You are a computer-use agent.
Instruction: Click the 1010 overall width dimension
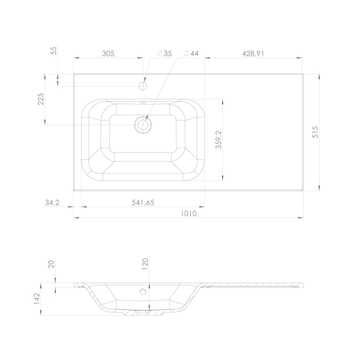click(x=188, y=213)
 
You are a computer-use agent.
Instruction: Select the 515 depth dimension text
click(x=316, y=132)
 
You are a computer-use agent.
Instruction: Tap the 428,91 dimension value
click(x=253, y=54)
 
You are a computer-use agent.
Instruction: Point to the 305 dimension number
click(x=108, y=54)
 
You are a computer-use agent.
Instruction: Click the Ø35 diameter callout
click(x=164, y=54)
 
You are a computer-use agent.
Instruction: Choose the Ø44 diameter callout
click(x=191, y=54)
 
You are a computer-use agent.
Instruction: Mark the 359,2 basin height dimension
click(x=218, y=140)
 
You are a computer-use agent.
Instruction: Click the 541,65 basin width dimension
click(x=143, y=203)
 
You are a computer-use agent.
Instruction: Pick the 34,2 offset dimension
click(x=52, y=203)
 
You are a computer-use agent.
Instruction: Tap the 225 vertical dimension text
click(x=41, y=99)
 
